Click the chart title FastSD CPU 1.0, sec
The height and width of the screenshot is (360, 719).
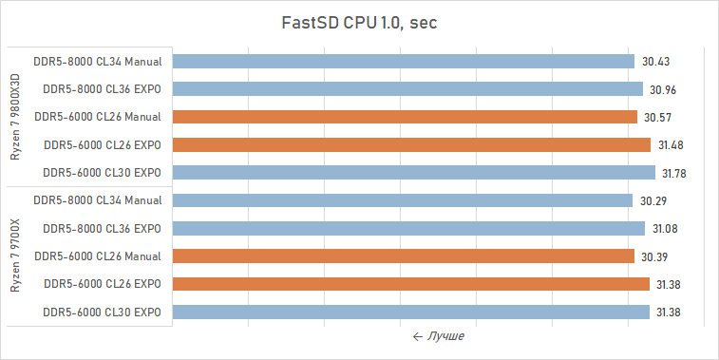tap(360, 23)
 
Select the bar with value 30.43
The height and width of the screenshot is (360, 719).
tap(403, 62)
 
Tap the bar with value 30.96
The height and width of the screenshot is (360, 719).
tap(407, 89)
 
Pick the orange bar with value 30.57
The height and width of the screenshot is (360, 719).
tap(405, 117)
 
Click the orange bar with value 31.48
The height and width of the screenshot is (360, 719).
tap(411, 145)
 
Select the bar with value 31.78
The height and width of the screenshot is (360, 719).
tap(413, 173)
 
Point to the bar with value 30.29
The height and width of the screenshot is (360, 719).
tap(402, 200)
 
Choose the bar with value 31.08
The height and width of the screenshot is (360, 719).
tap(408, 229)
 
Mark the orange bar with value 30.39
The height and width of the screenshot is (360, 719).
tap(403, 256)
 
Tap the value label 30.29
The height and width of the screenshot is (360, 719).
tap(654, 200)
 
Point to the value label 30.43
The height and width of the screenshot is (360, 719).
tap(656, 62)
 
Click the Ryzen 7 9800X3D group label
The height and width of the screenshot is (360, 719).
tap(17, 117)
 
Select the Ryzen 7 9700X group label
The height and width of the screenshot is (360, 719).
tap(17, 256)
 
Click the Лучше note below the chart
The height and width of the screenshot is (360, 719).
tap(438, 336)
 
